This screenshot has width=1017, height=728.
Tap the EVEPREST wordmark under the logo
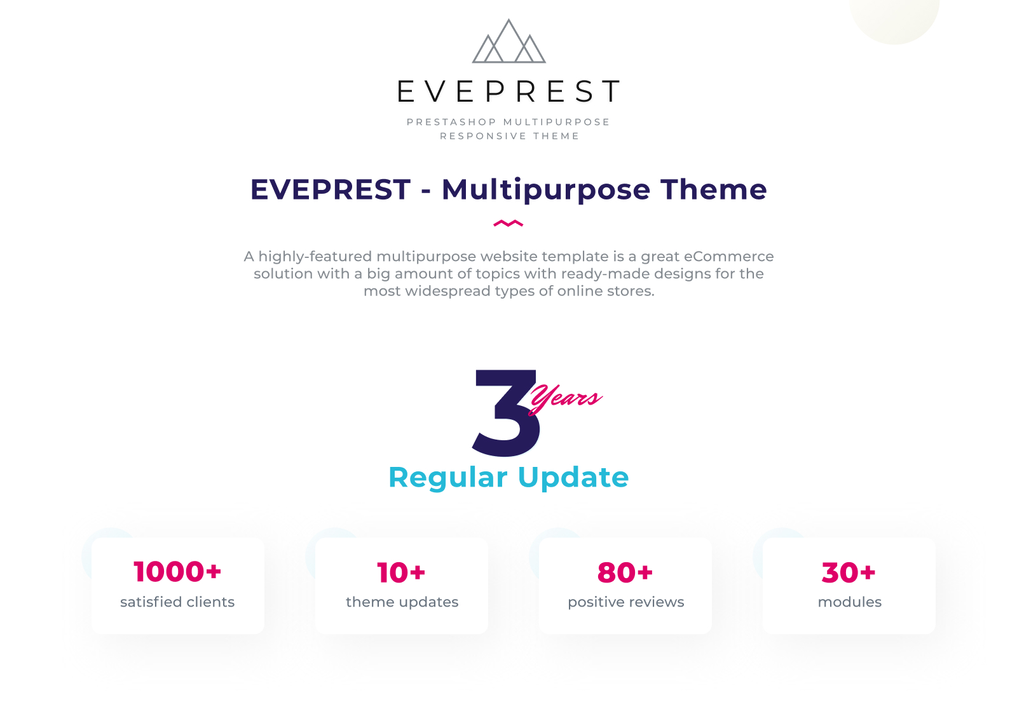click(508, 91)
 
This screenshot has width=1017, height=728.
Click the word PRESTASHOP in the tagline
click(451, 122)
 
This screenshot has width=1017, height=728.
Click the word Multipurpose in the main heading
click(546, 190)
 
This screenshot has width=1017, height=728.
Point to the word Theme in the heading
click(714, 189)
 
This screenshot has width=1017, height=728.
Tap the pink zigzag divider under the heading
click(508, 224)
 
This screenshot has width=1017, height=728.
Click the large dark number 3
click(507, 413)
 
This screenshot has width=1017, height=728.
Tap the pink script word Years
click(565, 399)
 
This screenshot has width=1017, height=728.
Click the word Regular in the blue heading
click(448, 478)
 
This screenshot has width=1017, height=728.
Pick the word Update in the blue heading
click(573, 478)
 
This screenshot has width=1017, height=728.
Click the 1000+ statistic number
click(177, 572)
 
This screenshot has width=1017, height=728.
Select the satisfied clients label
click(177, 602)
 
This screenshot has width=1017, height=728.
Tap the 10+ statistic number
click(401, 572)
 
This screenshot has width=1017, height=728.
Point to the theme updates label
click(402, 602)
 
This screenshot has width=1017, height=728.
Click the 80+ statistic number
click(625, 572)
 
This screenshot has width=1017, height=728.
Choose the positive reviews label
click(625, 602)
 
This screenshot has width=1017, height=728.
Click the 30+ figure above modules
click(849, 572)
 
